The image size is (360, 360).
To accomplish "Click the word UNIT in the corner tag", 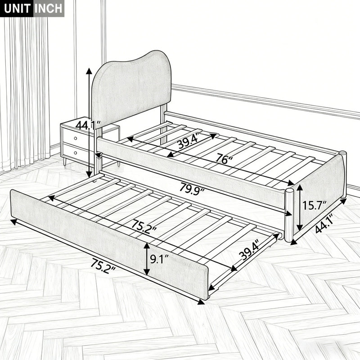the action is [x=17, y=9].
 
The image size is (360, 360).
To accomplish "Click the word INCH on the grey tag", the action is [x=49, y=9].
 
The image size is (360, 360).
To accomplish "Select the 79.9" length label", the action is [x=192, y=189].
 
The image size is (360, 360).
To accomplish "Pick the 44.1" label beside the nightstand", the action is [x=88, y=125].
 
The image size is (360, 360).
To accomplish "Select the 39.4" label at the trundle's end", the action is [x=250, y=249].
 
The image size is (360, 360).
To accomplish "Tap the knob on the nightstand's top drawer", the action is [x=75, y=139].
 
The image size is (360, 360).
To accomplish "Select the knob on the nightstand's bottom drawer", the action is [x=75, y=153].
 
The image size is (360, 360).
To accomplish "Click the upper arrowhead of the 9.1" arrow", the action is [x=147, y=246].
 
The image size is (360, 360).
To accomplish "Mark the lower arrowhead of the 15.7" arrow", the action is [x=299, y=227].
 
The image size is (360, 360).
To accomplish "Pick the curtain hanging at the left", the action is [x=25, y=92].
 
